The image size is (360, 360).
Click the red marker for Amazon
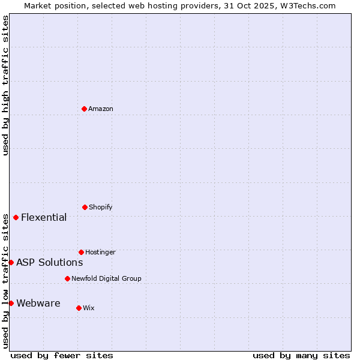click(x=85, y=109)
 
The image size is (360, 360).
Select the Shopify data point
click(x=85, y=207)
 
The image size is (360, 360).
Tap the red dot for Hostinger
click(x=81, y=252)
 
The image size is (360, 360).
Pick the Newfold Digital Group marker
click(x=67, y=278)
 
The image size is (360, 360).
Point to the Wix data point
click(x=79, y=308)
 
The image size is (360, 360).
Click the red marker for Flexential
click(x=16, y=217)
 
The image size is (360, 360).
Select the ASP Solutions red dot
click(x=11, y=262)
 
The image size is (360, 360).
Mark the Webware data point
click(x=11, y=303)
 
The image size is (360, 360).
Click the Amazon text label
click(x=101, y=109)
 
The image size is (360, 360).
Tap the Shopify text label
click(x=101, y=207)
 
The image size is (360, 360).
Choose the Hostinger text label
click(x=100, y=252)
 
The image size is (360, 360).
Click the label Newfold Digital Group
click(x=106, y=278)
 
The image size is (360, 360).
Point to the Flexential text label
click(x=44, y=217)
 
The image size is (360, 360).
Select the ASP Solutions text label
click(x=49, y=262)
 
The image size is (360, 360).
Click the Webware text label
click(x=38, y=303)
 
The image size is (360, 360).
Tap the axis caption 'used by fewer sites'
click(x=62, y=355)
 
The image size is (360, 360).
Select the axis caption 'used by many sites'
click(x=301, y=355)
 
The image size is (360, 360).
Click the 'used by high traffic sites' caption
click(x=5, y=85)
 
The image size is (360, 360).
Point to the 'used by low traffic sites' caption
click(x=5, y=281)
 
